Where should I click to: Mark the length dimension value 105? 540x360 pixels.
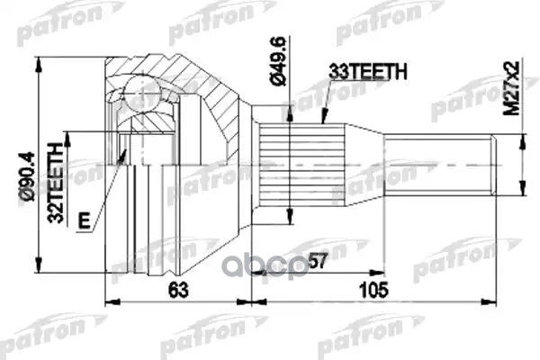point(371,290)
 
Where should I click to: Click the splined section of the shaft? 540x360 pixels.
point(302,166)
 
